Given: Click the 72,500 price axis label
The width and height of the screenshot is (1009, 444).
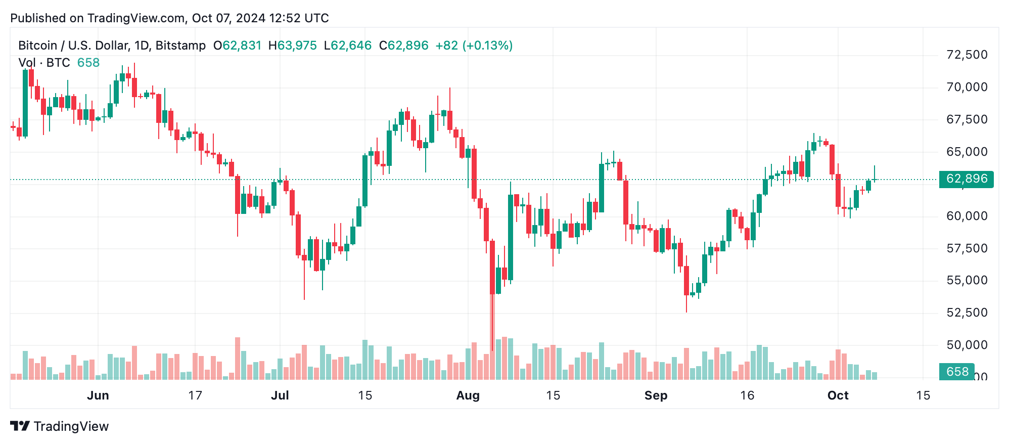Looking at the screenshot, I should pos(967,55).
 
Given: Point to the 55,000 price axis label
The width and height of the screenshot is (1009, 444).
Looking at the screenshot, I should pos(967,280).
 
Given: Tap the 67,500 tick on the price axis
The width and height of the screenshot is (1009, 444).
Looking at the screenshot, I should pos(967,119).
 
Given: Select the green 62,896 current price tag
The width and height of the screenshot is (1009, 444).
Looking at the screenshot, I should pos(966,179).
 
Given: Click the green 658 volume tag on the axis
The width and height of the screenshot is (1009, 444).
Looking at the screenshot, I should pos(956,372).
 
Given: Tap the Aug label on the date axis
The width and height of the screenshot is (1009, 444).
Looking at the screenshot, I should pos(468,395).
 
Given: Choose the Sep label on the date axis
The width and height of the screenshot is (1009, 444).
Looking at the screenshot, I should pos(656,395).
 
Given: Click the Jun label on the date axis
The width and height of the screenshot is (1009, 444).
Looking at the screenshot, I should pos(98,395).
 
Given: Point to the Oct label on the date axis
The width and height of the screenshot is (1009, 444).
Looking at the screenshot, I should pos(838,395).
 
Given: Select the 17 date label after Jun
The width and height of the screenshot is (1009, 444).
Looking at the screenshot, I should pos(195,395).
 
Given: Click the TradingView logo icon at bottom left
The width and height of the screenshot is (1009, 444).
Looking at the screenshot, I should pos(20,426).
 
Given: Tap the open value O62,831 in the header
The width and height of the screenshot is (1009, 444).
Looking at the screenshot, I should pos(237,46).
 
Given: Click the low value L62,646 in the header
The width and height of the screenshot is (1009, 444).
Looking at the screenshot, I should pos(348,46).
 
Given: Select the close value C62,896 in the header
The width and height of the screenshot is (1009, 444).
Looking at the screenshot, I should pos(403,46).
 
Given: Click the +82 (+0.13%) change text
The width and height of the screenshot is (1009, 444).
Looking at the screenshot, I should pos(474,46).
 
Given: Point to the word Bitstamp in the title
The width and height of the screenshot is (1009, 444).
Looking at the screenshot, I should pos(180,46).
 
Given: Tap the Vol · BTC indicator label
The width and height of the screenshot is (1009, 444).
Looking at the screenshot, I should pos(44,63).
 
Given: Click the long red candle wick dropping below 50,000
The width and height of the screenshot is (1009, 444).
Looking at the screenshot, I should pos(492,324).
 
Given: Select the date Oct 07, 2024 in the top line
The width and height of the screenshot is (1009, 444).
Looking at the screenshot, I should pos(228,18).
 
